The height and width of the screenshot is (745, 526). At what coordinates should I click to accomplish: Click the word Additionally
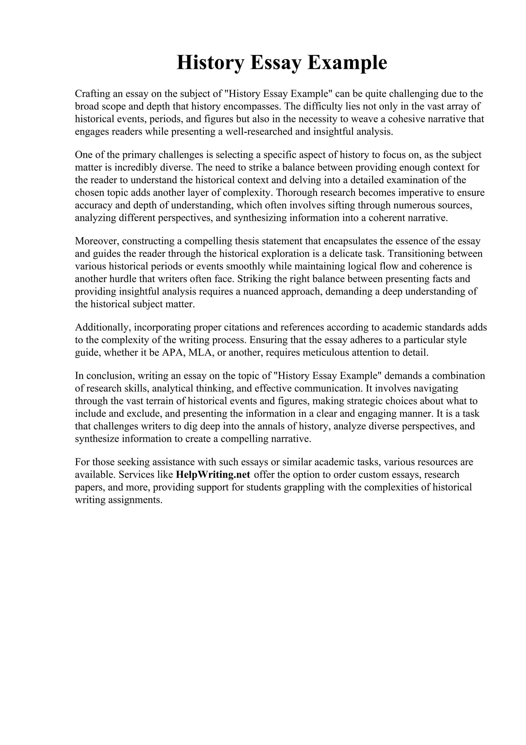(x=102, y=328)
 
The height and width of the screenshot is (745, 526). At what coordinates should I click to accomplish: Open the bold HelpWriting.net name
(x=213, y=475)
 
